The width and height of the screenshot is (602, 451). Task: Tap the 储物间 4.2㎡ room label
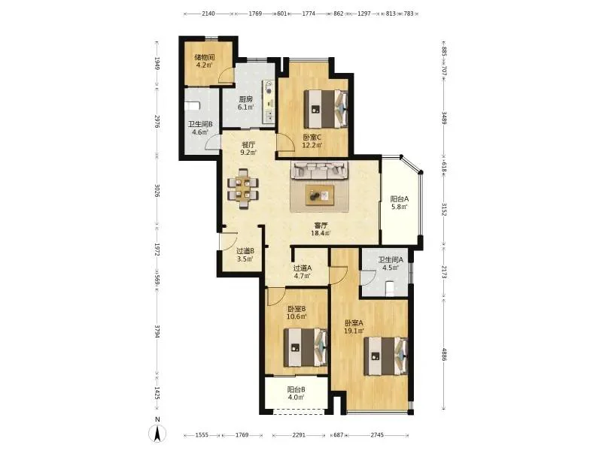(x=204, y=61)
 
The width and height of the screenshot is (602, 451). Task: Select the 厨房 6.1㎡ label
(x=246, y=103)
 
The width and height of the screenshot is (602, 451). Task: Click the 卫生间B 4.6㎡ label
(x=200, y=128)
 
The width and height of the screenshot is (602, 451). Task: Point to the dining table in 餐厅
(x=243, y=189)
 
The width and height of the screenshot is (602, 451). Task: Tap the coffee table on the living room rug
(x=320, y=195)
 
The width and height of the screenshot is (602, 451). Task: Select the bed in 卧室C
(x=326, y=109)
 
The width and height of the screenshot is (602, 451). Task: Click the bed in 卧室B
(x=306, y=347)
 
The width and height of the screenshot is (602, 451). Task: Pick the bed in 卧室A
(x=386, y=356)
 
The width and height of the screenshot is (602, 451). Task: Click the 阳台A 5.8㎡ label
(x=400, y=203)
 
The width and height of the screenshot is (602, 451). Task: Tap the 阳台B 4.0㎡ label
(x=296, y=393)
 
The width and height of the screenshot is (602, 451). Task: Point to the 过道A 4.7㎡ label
(x=303, y=272)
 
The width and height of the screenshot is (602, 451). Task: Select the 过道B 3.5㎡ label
(x=245, y=255)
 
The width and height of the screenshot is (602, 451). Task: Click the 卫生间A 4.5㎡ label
(x=391, y=264)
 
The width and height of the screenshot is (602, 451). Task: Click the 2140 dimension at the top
(x=208, y=14)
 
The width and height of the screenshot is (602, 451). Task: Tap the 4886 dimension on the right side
(x=444, y=354)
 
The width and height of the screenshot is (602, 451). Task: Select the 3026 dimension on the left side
(x=157, y=191)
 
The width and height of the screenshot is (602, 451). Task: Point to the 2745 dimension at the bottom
(x=377, y=435)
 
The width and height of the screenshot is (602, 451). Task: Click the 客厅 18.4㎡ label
(x=321, y=229)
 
